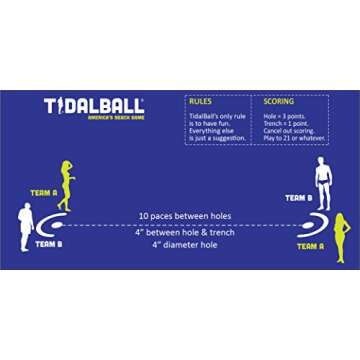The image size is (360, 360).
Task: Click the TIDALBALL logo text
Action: [x=94, y=105]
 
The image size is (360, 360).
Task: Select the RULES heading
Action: [x=199, y=101]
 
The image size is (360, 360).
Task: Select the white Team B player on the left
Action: [x=25, y=224]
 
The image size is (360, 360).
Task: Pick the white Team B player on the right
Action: [x=322, y=181]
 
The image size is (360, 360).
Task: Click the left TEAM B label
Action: [x=49, y=243]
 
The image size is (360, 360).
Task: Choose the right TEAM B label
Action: [x=298, y=198]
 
